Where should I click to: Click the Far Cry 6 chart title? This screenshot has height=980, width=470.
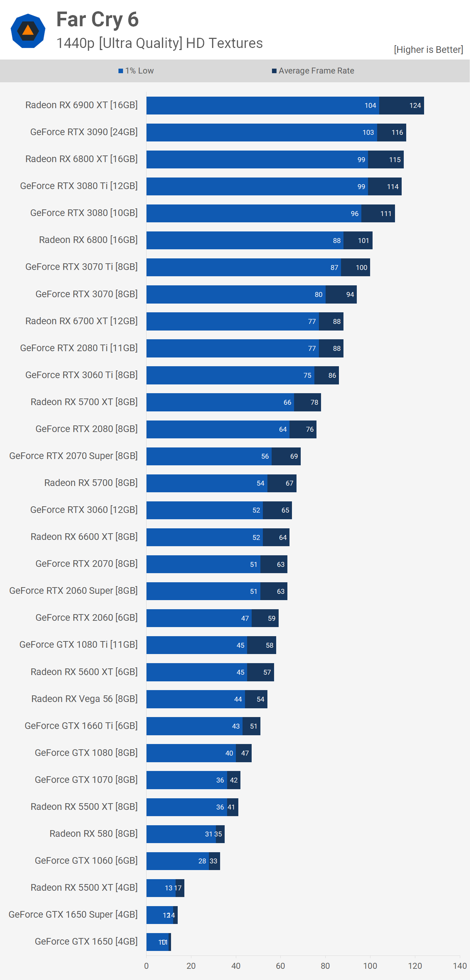click(97, 20)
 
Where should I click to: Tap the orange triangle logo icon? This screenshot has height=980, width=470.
click(28, 30)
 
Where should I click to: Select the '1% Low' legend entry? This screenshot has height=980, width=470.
click(136, 71)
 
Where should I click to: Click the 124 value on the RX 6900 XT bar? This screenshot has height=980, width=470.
click(415, 105)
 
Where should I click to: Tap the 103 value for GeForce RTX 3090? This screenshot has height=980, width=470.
click(368, 132)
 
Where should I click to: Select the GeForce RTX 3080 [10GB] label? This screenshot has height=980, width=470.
click(84, 213)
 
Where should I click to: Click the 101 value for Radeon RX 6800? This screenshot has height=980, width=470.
click(363, 241)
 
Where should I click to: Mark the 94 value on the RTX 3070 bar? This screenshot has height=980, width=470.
click(350, 294)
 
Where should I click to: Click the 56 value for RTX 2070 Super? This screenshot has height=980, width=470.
click(265, 456)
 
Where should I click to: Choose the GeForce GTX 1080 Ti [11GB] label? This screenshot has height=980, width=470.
click(79, 645)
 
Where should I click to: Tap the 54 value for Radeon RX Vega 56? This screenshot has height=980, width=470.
click(260, 699)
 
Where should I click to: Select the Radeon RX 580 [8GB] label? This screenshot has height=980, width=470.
click(93, 834)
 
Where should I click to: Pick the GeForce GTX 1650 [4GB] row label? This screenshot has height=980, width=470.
click(86, 941)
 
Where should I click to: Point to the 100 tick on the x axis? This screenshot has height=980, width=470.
click(370, 966)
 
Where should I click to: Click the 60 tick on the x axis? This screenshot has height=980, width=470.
click(280, 966)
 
